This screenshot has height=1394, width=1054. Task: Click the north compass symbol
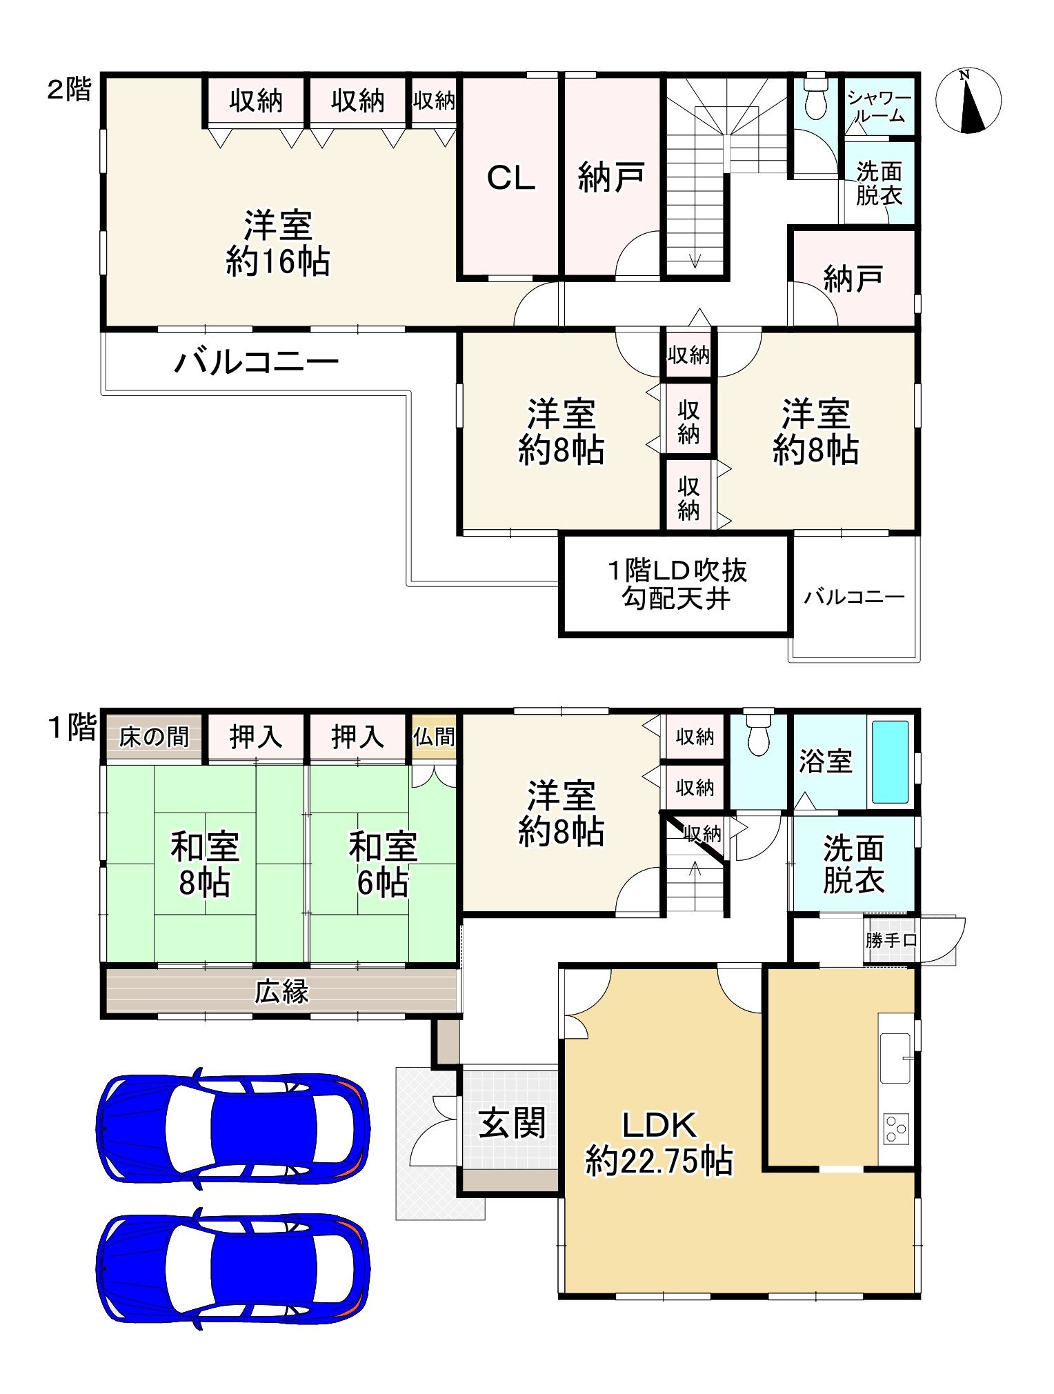(968, 101)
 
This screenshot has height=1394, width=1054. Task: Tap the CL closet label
(510, 179)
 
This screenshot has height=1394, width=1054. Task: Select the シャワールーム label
(879, 107)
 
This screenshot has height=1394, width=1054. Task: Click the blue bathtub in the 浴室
(890, 761)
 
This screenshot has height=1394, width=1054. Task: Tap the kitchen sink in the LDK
(895, 1058)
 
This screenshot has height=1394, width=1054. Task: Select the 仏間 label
(435, 737)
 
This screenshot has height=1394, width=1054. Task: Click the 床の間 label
(154, 737)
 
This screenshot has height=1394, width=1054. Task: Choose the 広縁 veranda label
(281, 991)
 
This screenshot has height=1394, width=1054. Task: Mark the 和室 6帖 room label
(383, 864)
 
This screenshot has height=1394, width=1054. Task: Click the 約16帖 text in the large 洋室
(277, 261)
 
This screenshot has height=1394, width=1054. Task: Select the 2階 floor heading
(69, 90)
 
